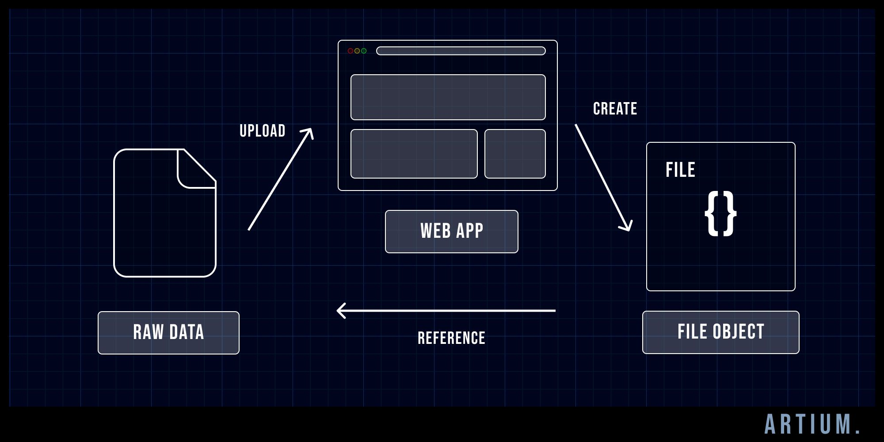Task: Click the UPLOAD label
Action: [262, 131]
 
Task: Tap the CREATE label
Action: [615, 109]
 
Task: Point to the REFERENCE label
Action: [451, 338]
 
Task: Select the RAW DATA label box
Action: [168, 332]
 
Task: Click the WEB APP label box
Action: [451, 231]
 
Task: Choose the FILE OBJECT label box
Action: [720, 332]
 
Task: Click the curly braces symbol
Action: [720, 213]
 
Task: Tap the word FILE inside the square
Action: [680, 170]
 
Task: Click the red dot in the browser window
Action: [351, 51]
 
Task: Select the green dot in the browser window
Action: [364, 51]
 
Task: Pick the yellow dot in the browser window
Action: [357, 51]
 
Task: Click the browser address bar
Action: [461, 51]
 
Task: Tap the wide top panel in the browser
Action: [448, 97]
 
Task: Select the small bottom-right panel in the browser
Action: [515, 154]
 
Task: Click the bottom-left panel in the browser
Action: [414, 154]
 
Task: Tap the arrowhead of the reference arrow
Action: [339, 311]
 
